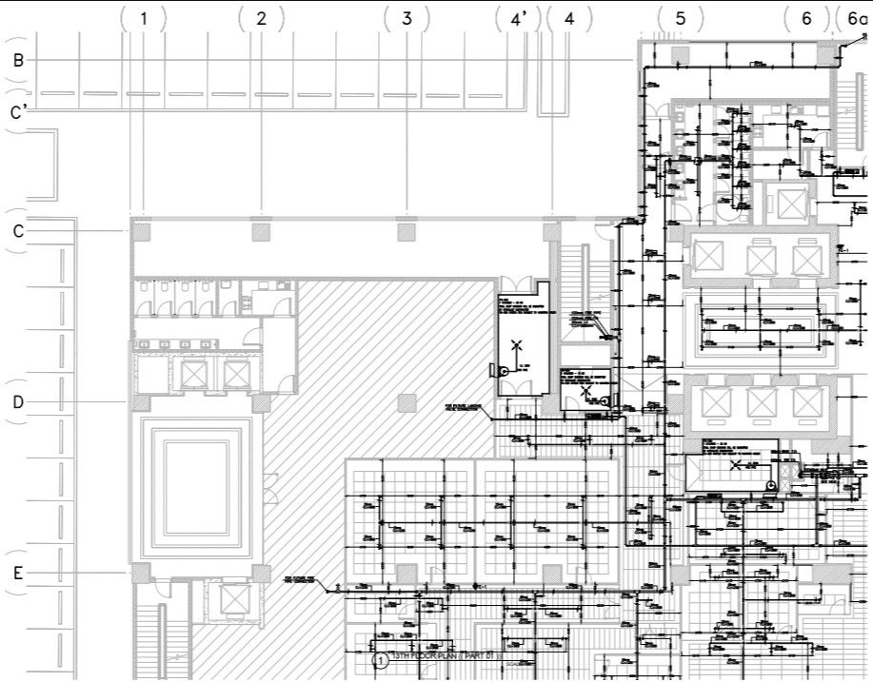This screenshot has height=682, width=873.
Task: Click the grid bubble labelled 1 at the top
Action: pos(144,18)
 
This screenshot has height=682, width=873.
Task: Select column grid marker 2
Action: pos(262,18)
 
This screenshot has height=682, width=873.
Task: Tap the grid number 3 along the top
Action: pos(407,18)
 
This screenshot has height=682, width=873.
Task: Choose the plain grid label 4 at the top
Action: pos(569,18)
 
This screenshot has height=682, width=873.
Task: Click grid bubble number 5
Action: pos(681,18)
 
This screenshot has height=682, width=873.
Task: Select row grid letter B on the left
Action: pos(18,60)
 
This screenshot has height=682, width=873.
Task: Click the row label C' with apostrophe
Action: pos(18,112)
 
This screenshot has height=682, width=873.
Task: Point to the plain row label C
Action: pos(18,230)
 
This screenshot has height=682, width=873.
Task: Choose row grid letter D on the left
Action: pos(18,402)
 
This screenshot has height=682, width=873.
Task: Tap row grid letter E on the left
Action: pos(18,573)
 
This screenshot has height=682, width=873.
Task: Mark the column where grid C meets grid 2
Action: pos(261,230)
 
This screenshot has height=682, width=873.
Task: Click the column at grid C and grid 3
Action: pos(407,230)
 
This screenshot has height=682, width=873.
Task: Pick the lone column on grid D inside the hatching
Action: pos(407,402)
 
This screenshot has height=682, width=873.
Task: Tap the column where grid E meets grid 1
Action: pos(140,573)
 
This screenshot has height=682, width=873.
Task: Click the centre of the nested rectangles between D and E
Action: pos(197,486)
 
